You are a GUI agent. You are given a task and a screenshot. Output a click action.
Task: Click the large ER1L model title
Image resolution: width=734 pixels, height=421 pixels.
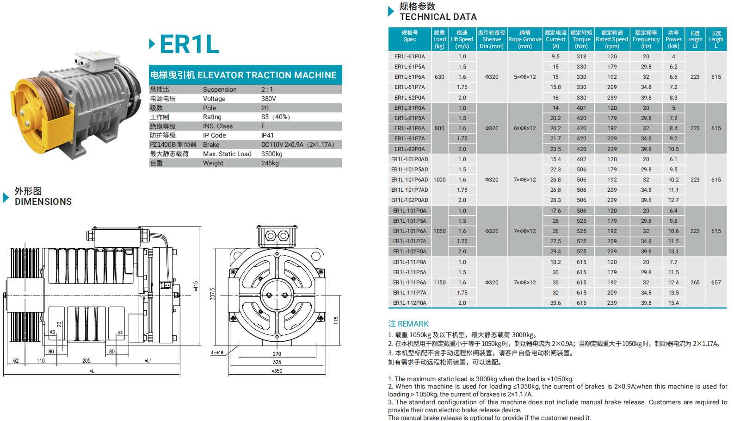pyautogui.click(x=189, y=44)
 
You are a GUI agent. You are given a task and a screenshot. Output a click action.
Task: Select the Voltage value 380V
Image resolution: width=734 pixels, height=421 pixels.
pyautogui.click(x=268, y=99)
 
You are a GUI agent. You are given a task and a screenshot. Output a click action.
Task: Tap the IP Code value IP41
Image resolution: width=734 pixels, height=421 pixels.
pyautogui.click(x=267, y=135)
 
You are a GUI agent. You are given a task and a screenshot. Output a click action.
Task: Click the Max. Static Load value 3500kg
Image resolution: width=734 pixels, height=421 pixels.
pyautogui.click(x=271, y=154)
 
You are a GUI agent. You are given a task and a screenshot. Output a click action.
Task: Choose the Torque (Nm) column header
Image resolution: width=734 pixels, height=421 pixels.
pyautogui.click(x=581, y=39)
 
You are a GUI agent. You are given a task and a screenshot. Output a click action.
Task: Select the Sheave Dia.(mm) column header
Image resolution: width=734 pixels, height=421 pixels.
pyautogui.click(x=492, y=39)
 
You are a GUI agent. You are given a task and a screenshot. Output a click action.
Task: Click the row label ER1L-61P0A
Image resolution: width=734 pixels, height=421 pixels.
pyautogui.click(x=409, y=57)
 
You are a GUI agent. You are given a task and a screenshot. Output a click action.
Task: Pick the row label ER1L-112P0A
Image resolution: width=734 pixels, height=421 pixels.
pyautogui.click(x=409, y=303)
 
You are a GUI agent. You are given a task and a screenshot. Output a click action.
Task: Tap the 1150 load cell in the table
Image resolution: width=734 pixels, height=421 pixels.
pyautogui.click(x=439, y=283)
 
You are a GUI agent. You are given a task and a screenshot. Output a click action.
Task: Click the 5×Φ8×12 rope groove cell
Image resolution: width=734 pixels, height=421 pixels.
pyautogui.click(x=524, y=77)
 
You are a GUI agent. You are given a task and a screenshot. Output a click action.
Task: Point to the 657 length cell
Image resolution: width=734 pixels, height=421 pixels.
pyautogui.click(x=716, y=283)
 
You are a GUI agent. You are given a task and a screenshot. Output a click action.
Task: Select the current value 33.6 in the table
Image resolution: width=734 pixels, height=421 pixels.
pyautogui.click(x=555, y=303)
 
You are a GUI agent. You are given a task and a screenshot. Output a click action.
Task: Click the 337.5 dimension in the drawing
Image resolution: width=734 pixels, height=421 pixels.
pyautogui.click(x=213, y=294)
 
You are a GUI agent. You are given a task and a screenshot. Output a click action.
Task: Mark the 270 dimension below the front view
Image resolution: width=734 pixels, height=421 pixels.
pyautogui.click(x=277, y=354)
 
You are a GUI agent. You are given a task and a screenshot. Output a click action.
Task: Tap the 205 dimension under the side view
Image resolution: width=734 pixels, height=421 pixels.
pyautogui.click(x=86, y=360)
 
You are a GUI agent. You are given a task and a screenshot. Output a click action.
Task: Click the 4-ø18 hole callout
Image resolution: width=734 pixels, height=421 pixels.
pyautogui.click(x=217, y=353)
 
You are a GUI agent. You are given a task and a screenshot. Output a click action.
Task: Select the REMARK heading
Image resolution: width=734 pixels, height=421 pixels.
pyautogui.click(x=408, y=324)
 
